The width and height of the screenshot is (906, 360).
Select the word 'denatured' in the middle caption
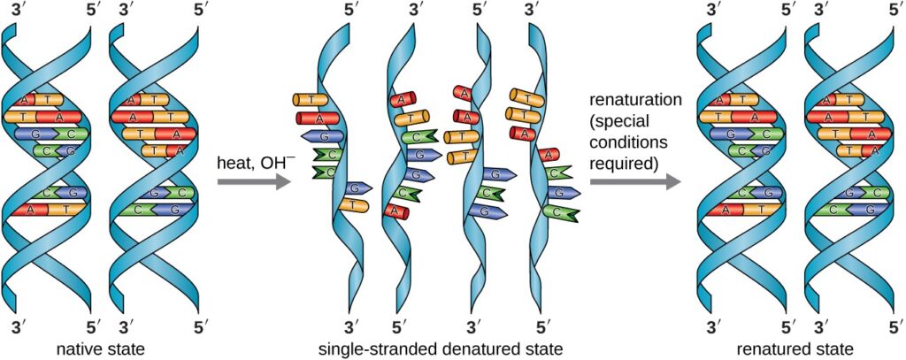[465, 348]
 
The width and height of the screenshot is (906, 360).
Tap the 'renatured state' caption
[792, 348]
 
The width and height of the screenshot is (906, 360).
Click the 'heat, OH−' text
[252, 162]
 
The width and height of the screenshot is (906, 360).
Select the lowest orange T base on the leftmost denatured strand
[352, 205]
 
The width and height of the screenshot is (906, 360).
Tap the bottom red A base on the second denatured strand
[397, 211]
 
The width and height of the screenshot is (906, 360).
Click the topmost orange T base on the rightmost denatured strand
[526, 96]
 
